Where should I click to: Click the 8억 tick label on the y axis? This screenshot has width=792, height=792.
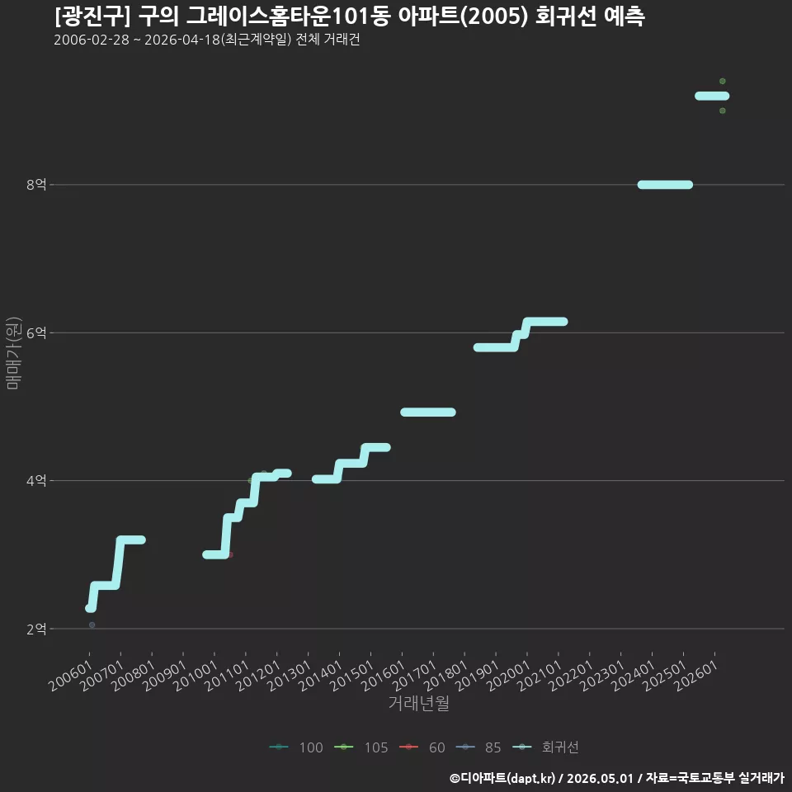[36, 184]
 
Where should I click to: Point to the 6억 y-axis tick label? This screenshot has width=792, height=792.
[36, 332]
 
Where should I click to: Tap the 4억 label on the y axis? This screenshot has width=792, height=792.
[36, 480]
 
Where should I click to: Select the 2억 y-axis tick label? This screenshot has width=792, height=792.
[36, 629]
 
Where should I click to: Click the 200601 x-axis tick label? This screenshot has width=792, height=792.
[70, 675]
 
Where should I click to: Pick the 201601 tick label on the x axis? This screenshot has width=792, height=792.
[384, 675]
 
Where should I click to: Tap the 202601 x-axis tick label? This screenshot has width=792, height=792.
[696, 675]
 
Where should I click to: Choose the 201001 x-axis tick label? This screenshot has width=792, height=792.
[196, 675]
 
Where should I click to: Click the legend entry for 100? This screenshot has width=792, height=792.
[296, 747]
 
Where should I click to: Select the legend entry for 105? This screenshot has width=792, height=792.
[361, 747]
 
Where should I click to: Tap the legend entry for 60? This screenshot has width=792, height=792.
[422, 747]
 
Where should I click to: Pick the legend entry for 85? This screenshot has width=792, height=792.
[478, 747]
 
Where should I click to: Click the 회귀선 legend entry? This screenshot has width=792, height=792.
[545, 747]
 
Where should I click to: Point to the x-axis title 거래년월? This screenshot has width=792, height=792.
[419, 703]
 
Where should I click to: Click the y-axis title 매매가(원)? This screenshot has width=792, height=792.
[13, 353]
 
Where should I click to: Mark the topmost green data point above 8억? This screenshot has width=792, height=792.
[723, 82]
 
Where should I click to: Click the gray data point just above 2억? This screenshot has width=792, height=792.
[92, 625]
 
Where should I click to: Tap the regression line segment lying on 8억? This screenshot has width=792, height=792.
[665, 185]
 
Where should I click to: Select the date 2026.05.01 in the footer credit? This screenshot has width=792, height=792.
[600, 778]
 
